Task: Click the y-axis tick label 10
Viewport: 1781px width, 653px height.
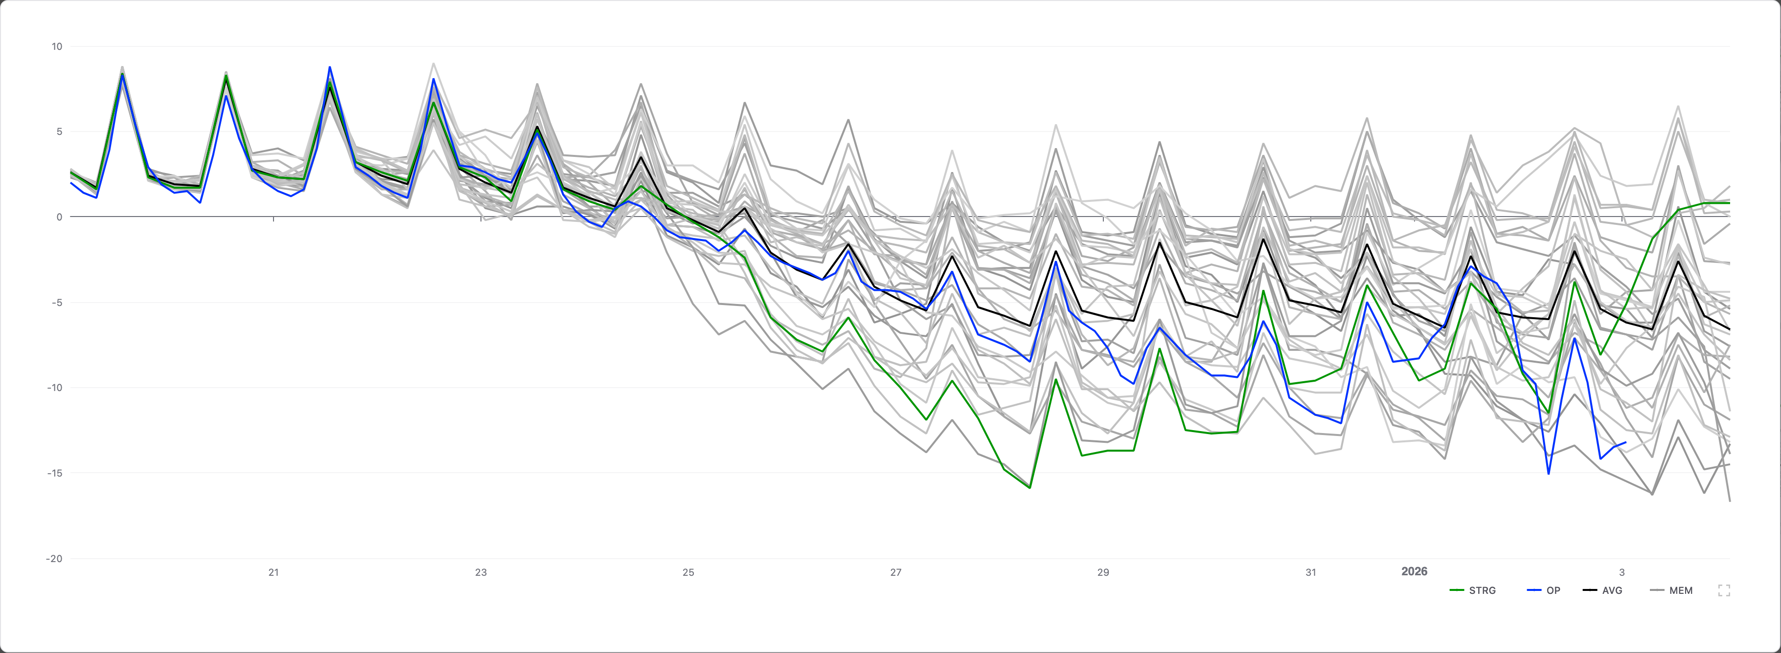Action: pos(57,46)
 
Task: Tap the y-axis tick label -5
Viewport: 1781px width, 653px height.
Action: pos(57,303)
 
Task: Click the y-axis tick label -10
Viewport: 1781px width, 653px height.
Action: pos(55,388)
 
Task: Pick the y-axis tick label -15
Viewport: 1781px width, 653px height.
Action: pos(55,473)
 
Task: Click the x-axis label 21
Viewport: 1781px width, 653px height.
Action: pos(274,572)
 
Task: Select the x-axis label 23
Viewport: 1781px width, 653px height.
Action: pos(481,572)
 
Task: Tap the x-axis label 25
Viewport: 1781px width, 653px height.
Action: pos(688,572)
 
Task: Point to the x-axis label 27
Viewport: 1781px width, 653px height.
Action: pos(896,572)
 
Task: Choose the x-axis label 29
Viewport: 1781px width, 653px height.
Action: pos(1103,572)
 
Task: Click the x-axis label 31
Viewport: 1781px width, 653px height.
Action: pos(1311,572)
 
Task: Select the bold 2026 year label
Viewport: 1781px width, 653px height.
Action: pos(1414,571)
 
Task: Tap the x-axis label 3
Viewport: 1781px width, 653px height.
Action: pos(1622,572)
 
